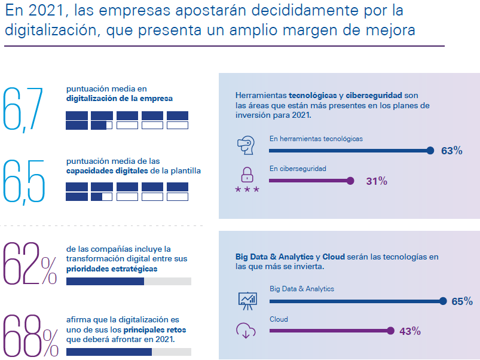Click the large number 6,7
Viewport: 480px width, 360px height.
pos(24,108)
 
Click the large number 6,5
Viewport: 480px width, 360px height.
pos(24,180)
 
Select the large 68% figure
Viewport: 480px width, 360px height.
pos(30,335)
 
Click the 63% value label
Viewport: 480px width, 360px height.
pos(452,151)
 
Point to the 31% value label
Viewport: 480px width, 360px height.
pos(377,181)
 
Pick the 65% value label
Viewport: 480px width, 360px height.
pos(462,301)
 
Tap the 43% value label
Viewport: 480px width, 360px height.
pos(410,331)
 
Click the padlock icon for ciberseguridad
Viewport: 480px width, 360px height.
pos(247,175)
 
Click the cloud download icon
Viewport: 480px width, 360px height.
pos(246,330)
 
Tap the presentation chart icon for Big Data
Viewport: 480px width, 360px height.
pos(247,299)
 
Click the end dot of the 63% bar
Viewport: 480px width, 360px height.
pos(430,151)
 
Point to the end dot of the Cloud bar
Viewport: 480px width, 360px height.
pos(390,331)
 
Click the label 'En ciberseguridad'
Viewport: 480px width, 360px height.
pos(298,169)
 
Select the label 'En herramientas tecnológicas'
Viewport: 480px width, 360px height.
pos(316,139)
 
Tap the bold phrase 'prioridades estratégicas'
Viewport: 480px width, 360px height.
pos(112,269)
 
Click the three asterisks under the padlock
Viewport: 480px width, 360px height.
pos(247,190)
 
